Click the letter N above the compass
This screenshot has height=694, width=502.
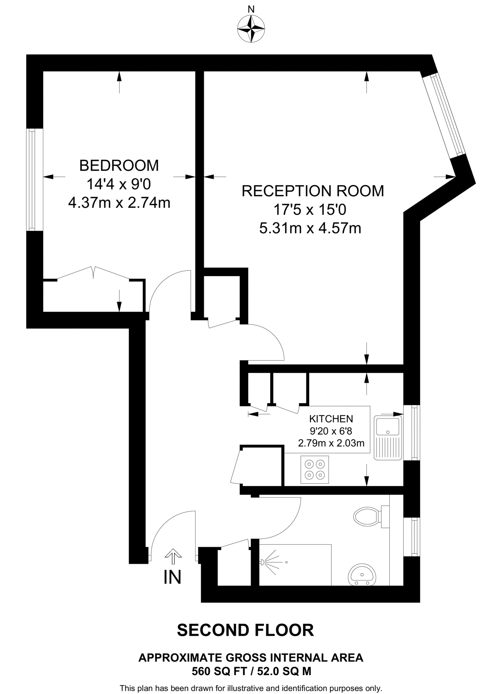pos(251,9)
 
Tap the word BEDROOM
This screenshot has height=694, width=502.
pos(119,166)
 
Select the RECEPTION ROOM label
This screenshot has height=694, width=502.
pos(313,191)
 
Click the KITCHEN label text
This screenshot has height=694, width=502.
pos(331,419)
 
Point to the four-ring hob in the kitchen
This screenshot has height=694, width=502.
pos(315,469)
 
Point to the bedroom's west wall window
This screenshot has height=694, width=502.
pos(32,180)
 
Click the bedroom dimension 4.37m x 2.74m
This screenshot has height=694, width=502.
pos(119,203)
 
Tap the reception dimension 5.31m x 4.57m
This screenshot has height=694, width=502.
pos(310,228)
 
